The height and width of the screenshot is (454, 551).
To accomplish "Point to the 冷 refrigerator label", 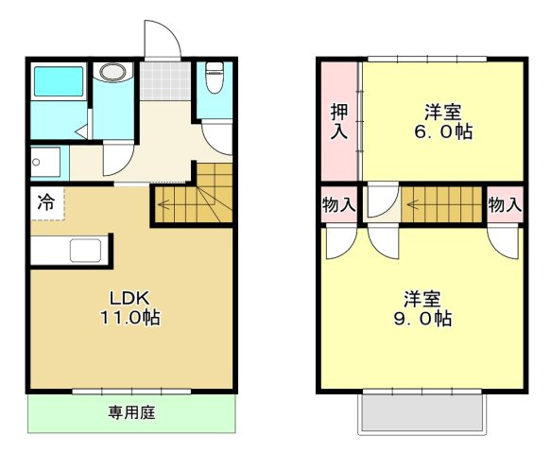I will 46,201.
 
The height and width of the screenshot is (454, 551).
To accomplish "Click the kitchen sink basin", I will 85,252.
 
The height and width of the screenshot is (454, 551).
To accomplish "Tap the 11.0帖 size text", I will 129,318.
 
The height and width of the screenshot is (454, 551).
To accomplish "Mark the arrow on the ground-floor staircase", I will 168,201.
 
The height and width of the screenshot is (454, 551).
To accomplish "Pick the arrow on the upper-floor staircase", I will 417,202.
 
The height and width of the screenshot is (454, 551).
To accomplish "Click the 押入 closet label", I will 339,121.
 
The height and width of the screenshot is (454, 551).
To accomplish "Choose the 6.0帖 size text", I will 442,131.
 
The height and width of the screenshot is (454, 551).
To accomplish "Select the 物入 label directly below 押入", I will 339,204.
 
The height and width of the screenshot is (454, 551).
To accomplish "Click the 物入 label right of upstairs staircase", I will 505,204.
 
